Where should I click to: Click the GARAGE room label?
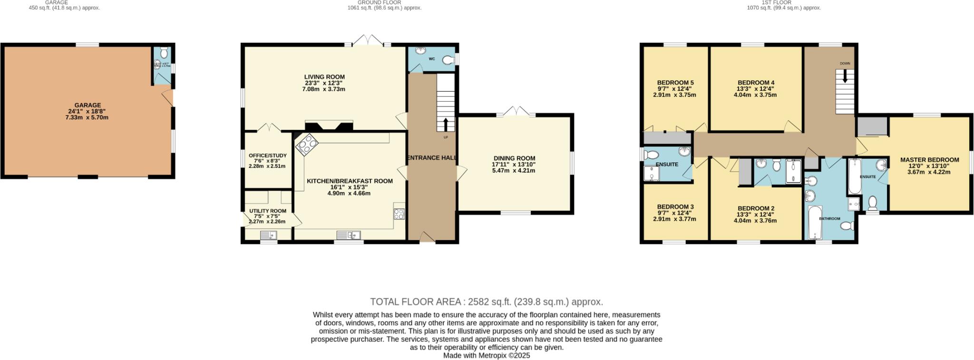[88, 105]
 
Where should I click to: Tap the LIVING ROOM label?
[324, 77]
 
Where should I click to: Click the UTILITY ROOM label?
[267, 211]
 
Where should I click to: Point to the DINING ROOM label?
[514, 158]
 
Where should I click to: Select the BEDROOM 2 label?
[756, 208]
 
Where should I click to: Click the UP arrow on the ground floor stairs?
[446, 125]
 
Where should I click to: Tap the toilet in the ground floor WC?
[448, 60]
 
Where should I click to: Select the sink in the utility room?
[269, 234]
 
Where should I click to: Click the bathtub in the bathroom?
[815, 222]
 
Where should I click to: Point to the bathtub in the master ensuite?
[854, 177]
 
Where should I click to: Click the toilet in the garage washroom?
[163, 51]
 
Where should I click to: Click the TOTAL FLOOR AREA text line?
[487, 302]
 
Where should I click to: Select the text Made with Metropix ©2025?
[487, 355]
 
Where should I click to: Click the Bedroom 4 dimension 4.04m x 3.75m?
[755, 95]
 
